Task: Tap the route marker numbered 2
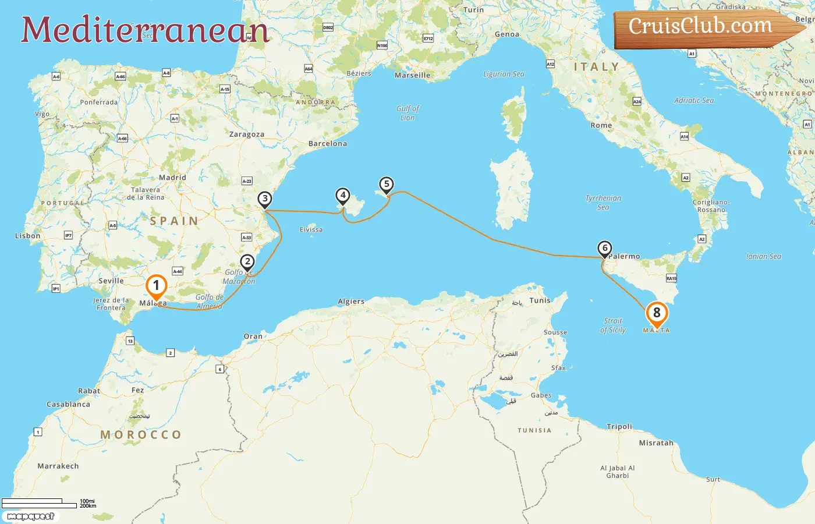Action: (247, 262)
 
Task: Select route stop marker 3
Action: (265, 199)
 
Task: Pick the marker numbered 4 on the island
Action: (343, 196)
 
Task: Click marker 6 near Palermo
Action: (605, 249)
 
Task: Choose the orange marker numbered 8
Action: (657, 313)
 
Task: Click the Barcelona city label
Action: (328, 144)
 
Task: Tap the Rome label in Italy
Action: (601, 125)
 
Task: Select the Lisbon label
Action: (28, 236)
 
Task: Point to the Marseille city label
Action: (413, 75)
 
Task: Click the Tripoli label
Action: (619, 426)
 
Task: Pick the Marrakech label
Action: (58, 466)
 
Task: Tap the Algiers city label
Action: (351, 302)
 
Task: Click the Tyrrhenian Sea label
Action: (603, 203)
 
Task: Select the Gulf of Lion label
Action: (408, 113)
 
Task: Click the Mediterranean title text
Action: (145, 30)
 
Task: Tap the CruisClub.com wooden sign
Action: (701, 27)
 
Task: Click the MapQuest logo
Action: (31, 516)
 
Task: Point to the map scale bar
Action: (40, 504)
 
